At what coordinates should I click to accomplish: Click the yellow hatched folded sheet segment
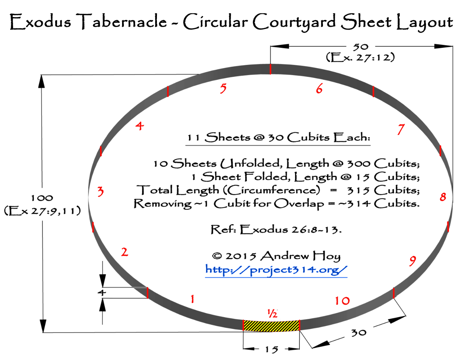click(x=271, y=326)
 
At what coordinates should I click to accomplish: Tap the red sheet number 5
click(x=223, y=88)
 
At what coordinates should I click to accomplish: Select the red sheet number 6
click(x=319, y=88)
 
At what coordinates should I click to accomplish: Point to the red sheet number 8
click(x=443, y=197)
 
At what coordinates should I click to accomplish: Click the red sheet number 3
click(x=101, y=191)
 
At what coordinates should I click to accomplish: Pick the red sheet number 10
click(x=342, y=300)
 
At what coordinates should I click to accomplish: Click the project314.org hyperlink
click(x=276, y=270)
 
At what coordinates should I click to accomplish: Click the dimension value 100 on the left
click(x=42, y=198)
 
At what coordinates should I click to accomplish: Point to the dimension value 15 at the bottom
click(x=271, y=349)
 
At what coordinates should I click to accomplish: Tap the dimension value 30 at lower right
click(x=359, y=332)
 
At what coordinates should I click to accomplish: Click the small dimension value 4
click(x=103, y=292)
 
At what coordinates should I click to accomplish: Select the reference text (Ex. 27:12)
click(x=360, y=57)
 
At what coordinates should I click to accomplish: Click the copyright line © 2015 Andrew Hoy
click(x=276, y=256)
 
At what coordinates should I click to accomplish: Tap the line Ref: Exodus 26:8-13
click(x=276, y=230)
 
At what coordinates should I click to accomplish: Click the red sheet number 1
click(x=193, y=299)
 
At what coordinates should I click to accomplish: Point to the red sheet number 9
click(x=412, y=261)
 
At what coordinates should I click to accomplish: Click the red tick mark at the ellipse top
click(x=270, y=69)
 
